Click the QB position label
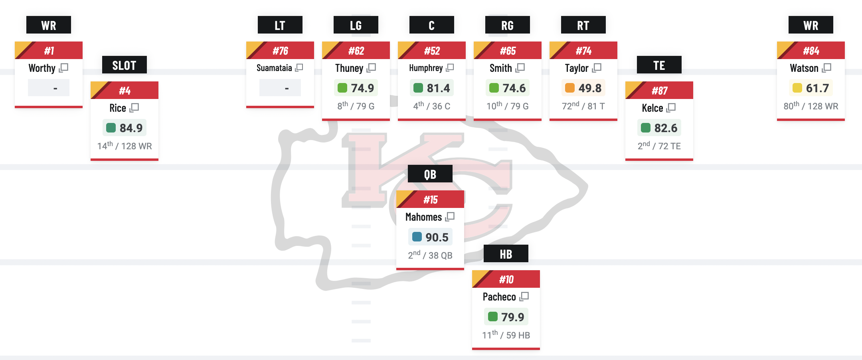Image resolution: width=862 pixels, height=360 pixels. coord(430,174)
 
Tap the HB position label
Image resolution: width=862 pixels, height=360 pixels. coord(506,254)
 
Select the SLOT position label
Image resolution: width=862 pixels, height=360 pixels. coord(124,65)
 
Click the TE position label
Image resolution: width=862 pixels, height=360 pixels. coord(659,65)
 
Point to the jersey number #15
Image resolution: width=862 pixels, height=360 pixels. coord(430,200)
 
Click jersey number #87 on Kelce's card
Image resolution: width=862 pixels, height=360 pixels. coord(659,91)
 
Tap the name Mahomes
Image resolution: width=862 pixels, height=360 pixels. coord(423,217)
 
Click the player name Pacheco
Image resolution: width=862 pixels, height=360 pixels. coord(499,297)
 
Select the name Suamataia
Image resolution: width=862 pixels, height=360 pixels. coord(274,68)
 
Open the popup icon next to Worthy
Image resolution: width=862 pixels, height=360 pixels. coord(64,68)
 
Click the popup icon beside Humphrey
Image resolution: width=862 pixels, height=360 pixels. coord(450,68)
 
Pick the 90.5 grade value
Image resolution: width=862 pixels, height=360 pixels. coord(437,237)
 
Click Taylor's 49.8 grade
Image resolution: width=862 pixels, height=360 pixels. coord(589,88)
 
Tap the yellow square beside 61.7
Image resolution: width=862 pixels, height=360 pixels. coord(797,88)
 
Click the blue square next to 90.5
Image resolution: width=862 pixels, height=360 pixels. coord(417,237)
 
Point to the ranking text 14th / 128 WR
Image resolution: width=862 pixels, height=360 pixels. coord(125,146)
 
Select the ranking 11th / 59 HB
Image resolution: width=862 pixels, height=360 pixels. coord(506,335)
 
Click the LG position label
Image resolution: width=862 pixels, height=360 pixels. coord(356,25)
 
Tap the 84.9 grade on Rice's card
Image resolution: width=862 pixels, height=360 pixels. coord(130,128)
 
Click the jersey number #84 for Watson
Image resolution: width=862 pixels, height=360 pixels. coord(811,51)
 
